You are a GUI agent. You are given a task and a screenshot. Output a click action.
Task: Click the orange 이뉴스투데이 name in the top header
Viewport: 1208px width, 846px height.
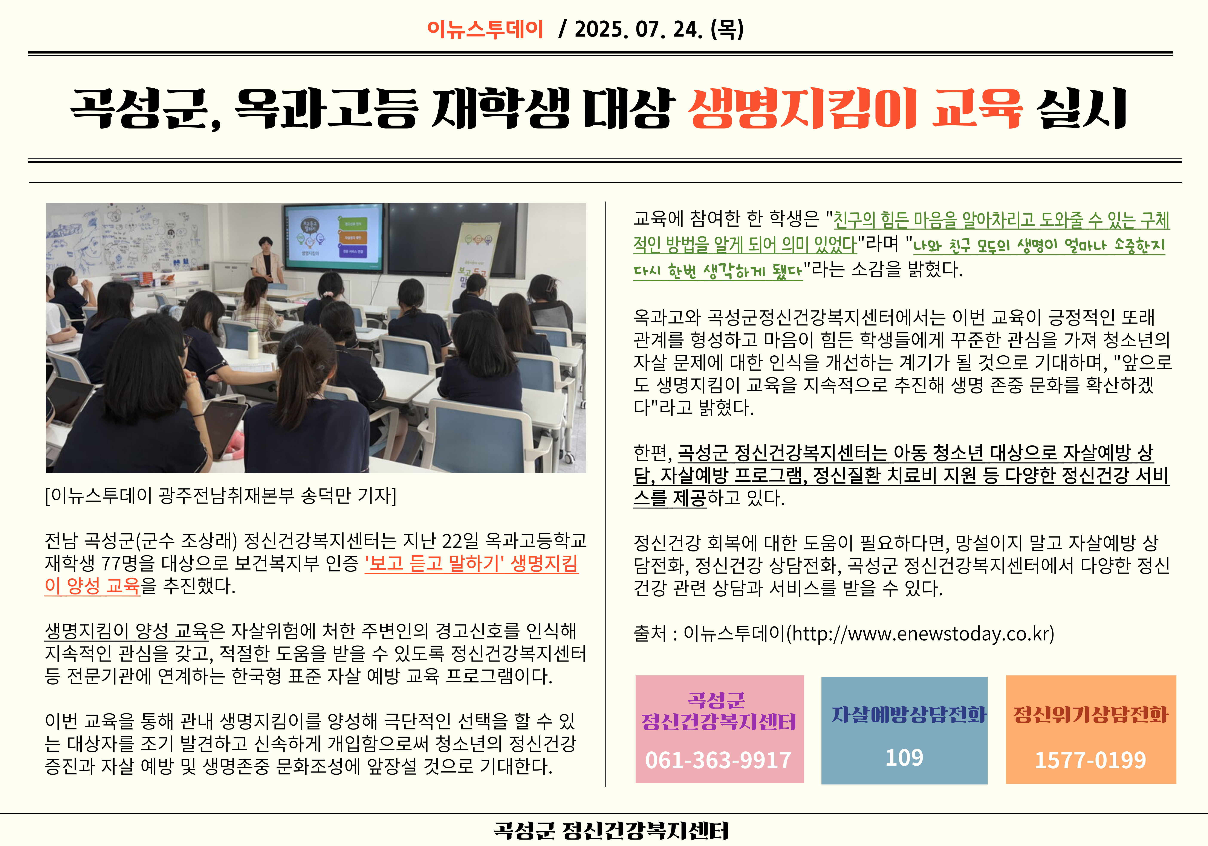pos(485,29)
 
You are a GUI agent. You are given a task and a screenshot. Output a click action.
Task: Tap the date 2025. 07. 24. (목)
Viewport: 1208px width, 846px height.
pos(659,29)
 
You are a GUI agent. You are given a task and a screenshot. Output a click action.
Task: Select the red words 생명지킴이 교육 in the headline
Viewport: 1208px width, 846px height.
pos(855,108)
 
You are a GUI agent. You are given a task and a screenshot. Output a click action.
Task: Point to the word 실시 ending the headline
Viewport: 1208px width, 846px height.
pos(1081,108)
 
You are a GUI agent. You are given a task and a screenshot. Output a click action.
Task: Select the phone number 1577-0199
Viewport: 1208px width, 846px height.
pos(1090,760)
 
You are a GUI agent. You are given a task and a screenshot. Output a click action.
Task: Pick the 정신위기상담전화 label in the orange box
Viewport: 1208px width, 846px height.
pos(1091,714)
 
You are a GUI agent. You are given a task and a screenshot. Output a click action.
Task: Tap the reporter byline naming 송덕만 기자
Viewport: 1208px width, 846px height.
pos(221,495)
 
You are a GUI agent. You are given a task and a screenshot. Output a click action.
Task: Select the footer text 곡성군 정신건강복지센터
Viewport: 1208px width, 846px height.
pos(611,830)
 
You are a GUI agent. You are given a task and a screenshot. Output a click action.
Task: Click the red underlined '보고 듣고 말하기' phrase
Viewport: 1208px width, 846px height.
pos(431,563)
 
